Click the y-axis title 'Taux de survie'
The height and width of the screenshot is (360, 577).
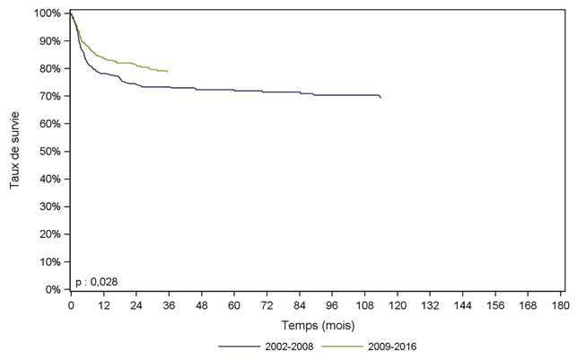tap(14, 151)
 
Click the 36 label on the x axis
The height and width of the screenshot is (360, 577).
tap(169, 305)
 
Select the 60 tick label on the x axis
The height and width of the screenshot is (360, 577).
tap(233, 305)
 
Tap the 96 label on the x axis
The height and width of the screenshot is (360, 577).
tap(332, 305)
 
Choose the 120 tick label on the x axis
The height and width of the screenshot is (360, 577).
tap(397, 305)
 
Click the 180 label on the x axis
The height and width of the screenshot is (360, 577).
tap(560, 305)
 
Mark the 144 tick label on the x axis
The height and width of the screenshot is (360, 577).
tap(462, 305)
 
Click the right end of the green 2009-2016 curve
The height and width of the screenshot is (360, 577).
tap(168, 72)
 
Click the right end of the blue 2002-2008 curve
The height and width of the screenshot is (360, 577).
tap(380, 97)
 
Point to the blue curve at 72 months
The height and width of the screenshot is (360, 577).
tap(267, 92)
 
